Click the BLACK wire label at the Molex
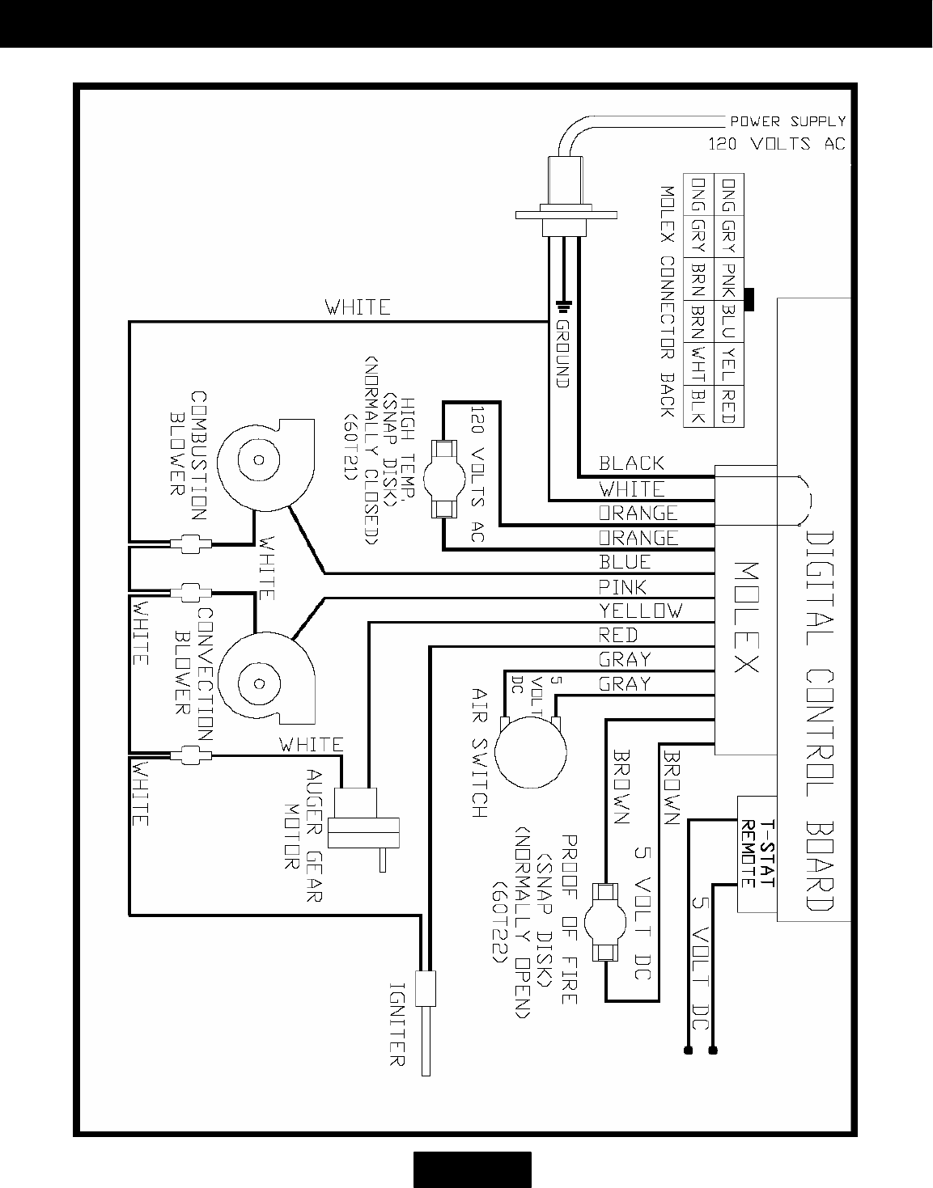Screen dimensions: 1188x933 [631, 463]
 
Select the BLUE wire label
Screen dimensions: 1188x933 [625, 562]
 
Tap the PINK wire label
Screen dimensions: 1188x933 [622, 586]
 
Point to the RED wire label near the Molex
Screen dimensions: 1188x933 [618, 635]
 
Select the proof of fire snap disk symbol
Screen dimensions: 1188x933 [604, 922]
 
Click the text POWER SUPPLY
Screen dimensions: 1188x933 [787, 121]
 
